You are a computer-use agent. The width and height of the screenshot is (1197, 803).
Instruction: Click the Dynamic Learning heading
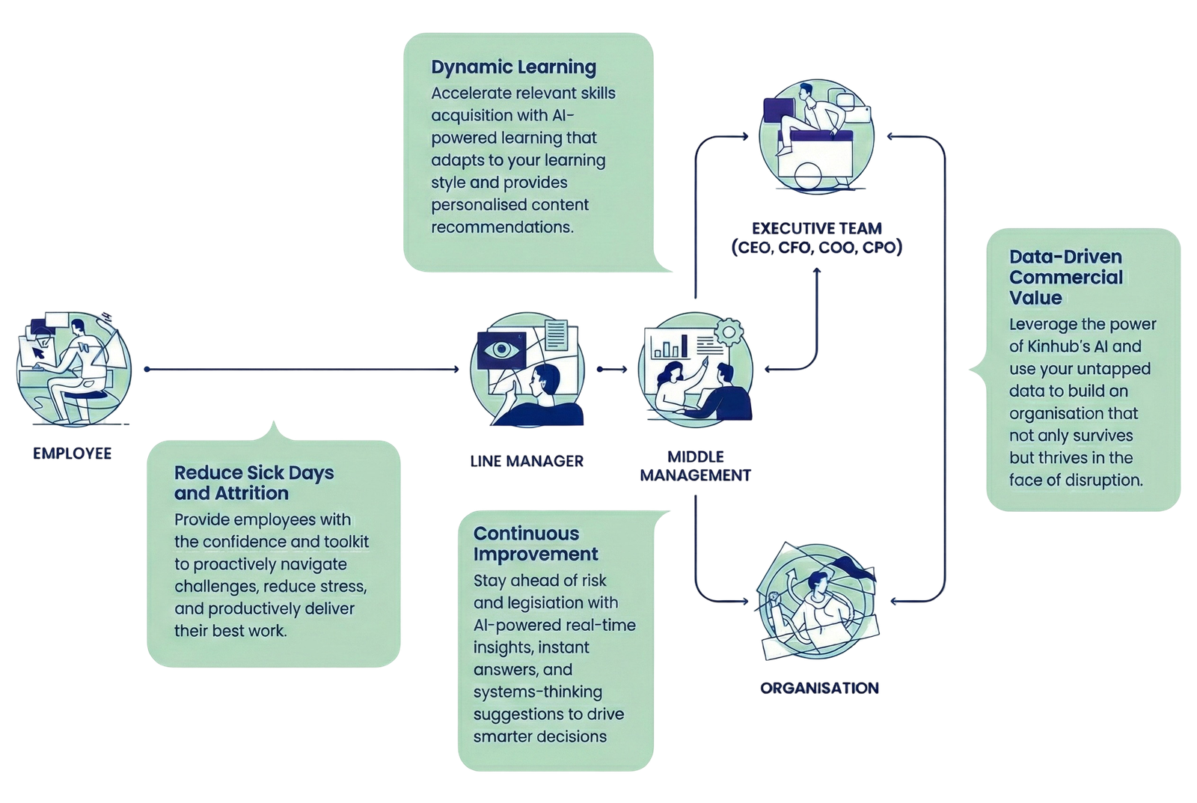pyautogui.click(x=513, y=67)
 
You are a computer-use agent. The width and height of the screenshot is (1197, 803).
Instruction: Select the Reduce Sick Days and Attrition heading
pyautogui.click(x=254, y=483)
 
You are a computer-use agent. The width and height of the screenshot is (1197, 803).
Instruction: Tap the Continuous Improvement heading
pyautogui.click(x=536, y=544)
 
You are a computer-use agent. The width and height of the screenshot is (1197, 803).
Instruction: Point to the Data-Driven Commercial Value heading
pyautogui.click(x=1065, y=277)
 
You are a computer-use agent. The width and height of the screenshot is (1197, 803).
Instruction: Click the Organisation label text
pyautogui.click(x=819, y=688)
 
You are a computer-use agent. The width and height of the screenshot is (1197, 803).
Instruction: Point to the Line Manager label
pyautogui.click(x=526, y=460)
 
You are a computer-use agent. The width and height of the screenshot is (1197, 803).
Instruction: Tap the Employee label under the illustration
pyautogui.click(x=72, y=452)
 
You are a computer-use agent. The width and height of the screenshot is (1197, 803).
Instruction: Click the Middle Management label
pyautogui.click(x=696, y=465)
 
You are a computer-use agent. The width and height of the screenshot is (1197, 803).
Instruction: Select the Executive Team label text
pyautogui.click(x=816, y=237)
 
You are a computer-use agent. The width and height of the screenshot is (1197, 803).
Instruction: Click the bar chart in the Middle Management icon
pyautogui.click(x=670, y=346)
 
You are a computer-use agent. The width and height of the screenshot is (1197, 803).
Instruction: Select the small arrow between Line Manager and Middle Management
pyautogui.click(x=612, y=369)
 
